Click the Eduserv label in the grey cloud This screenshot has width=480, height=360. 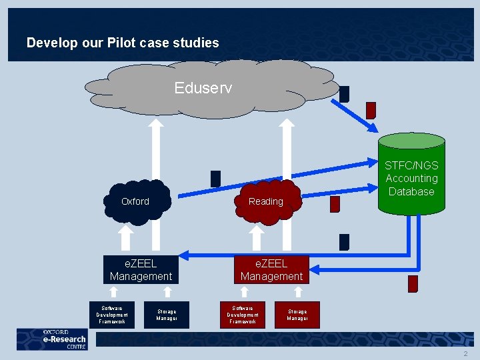coord(203,87)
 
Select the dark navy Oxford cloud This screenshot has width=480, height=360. coord(136,201)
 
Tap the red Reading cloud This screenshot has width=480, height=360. coord(266,201)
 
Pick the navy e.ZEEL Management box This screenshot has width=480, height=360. coord(141,270)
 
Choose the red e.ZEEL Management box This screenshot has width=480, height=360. coord(271,270)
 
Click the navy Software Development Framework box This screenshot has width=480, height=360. coord(112,315)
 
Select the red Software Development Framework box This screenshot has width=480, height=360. coord(243,315)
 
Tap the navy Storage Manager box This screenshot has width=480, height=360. coord(167,315)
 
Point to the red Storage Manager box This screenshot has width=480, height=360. coord(297,315)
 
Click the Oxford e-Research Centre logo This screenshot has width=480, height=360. coord(52,339)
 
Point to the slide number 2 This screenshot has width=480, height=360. coord(465,353)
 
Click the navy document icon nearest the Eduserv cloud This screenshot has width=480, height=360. coord(344,94)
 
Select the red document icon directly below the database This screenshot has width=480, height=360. coord(413,284)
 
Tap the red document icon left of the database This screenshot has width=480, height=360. coord(335,204)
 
